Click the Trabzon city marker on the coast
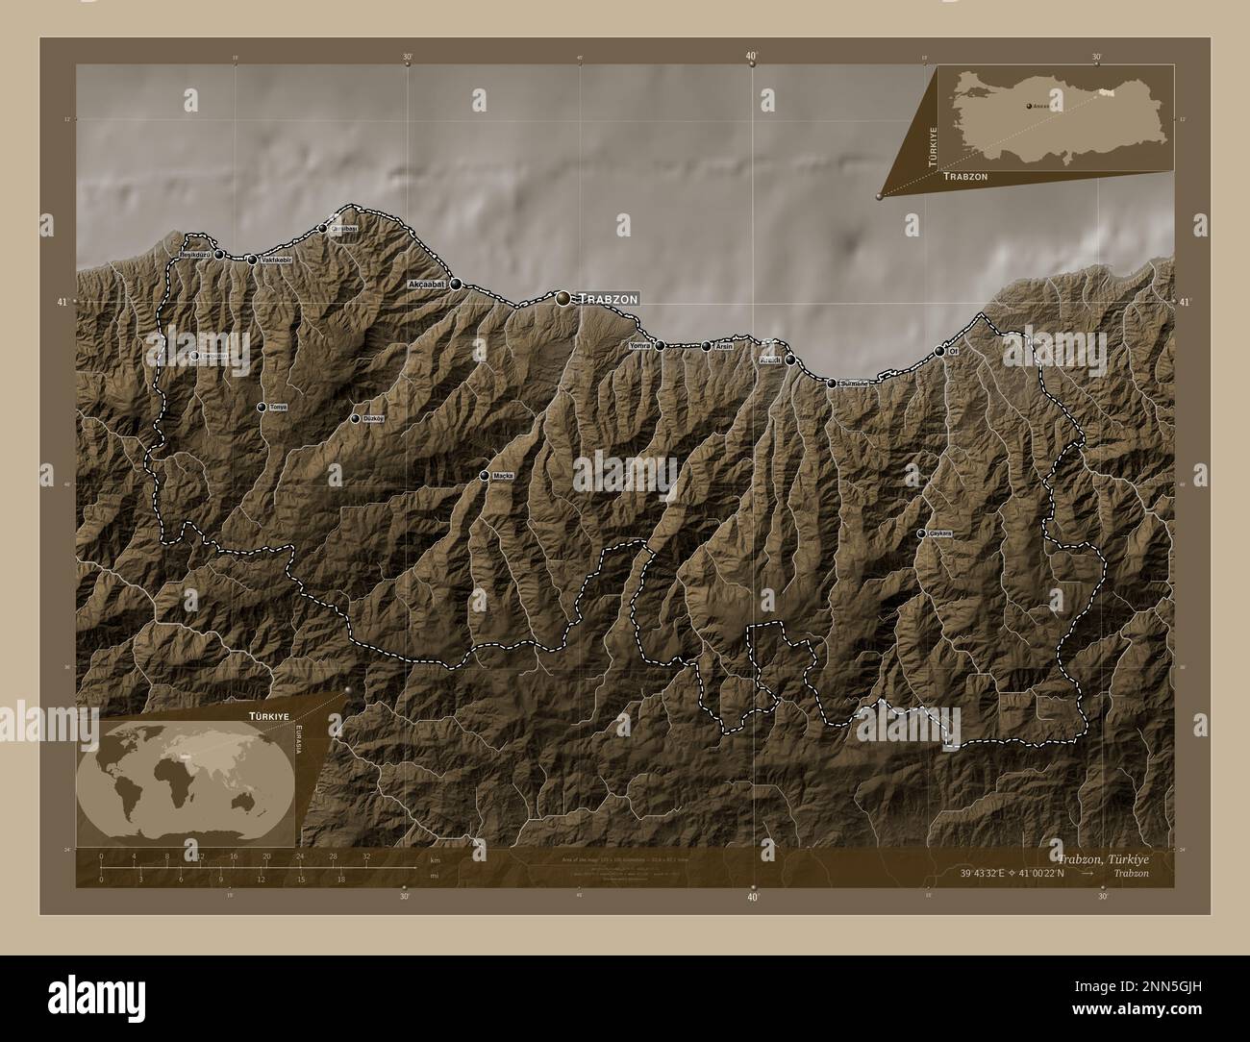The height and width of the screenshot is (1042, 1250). (x=563, y=299)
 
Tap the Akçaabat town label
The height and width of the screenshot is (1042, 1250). (x=427, y=285)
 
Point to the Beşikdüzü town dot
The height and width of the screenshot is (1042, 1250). (x=219, y=255)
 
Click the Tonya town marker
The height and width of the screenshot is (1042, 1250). (x=262, y=408)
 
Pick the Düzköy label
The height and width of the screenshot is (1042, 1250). (x=371, y=419)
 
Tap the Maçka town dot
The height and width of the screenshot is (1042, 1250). (x=485, y=476)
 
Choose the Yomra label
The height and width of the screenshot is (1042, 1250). (x=640, y=345)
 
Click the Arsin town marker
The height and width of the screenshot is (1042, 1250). (x=707, y=346)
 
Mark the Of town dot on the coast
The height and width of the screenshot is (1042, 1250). (x=939, y=352)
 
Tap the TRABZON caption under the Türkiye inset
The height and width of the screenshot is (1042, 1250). (x=965, y=178)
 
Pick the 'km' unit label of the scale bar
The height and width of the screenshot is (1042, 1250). (x=436, y=859)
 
